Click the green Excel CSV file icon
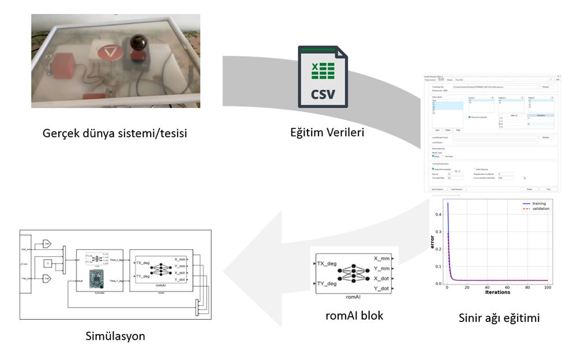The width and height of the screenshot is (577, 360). pos(323,77)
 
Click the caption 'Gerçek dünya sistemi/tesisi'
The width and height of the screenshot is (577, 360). pos(115,133)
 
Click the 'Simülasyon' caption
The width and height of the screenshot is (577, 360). pos(115,336)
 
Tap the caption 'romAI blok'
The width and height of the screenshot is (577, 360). pos(354,316)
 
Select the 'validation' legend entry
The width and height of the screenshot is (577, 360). pos(540,209)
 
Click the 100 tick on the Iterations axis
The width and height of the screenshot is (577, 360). pos(548,287)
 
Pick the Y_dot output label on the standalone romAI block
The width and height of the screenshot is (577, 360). pos(383,288)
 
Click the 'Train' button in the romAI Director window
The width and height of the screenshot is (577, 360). pos(548,189)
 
